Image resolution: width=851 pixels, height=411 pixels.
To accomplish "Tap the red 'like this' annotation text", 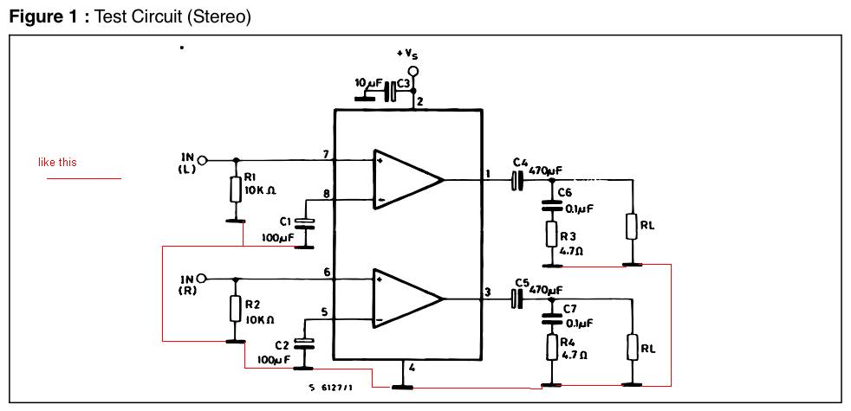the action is pos(57,162).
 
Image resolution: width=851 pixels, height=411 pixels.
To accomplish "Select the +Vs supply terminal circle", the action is pos(413,71).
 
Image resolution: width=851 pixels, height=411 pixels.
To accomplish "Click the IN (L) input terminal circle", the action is pos(202,160).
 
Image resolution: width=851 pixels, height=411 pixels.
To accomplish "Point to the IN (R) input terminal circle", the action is pos(202,279).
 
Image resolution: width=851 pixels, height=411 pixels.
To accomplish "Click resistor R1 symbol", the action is pos(235,189).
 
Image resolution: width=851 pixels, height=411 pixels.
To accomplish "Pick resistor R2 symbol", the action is pos(235,308).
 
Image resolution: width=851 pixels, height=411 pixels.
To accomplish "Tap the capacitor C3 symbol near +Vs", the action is pos(390,91).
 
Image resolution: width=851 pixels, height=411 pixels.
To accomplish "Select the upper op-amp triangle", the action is pos(406,179).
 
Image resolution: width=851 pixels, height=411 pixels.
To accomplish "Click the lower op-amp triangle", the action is pos(406,299).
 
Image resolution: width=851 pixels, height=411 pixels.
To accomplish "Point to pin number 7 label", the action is pos(326,155).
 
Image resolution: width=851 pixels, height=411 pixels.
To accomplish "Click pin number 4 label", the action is pos(412,368).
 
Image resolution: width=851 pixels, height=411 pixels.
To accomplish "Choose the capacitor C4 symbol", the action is pos(517,179).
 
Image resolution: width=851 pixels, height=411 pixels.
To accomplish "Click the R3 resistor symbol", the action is pos(552,234).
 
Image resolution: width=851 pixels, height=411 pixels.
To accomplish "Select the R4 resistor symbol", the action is pos(552,347).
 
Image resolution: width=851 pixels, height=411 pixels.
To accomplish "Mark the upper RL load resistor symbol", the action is pos(632,226).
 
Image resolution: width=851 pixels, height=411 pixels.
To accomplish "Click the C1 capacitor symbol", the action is pos(307,222).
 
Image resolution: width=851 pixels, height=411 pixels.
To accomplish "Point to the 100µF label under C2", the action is pos(274,359).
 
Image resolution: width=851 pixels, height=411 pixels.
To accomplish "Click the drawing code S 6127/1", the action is pos(328,389).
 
